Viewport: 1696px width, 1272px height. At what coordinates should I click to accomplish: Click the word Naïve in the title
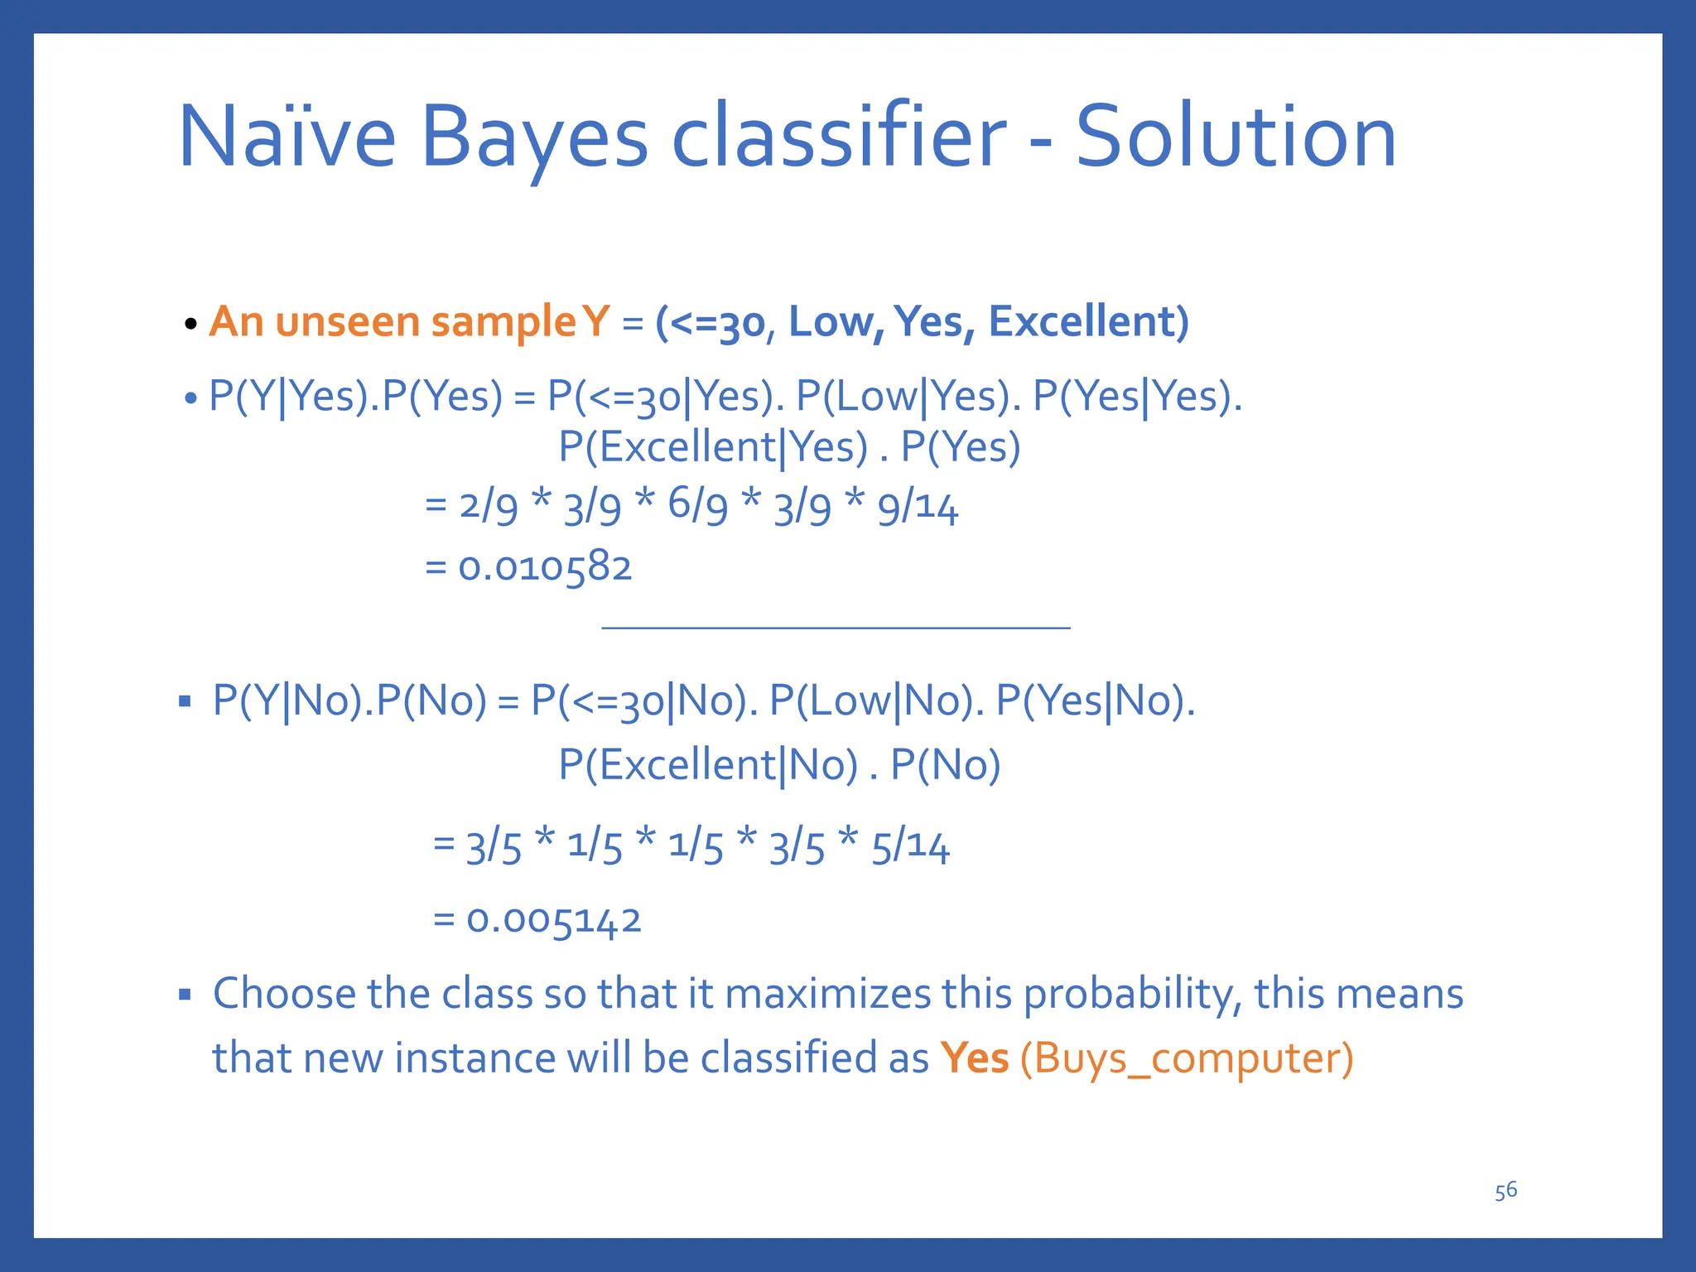[x=287, y=137]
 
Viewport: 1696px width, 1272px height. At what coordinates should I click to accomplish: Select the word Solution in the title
[x=1236, y=137]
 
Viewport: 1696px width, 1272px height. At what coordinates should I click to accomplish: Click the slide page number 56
[x=1506, y=1191]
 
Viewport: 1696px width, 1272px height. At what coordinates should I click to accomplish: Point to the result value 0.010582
[x=545, y=567]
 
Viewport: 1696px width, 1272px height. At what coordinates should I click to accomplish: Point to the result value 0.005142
[x=553, y=920]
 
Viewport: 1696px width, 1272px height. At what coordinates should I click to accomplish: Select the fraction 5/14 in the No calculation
[x=909, y=846]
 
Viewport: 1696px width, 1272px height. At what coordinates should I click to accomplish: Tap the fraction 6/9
[x=697, y=505]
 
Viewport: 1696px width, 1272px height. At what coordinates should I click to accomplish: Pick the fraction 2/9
[x=488, y=505]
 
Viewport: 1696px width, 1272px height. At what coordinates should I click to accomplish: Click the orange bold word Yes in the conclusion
[x=974, y=1058]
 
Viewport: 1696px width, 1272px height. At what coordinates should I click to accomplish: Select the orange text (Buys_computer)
[x=1187, y=1058]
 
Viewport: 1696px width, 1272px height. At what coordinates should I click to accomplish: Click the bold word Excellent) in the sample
[x=1088, y=321]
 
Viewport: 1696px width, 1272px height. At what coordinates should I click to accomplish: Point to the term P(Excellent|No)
[x=708, y=764]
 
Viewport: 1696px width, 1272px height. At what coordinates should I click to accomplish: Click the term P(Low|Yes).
[x=908, y=396]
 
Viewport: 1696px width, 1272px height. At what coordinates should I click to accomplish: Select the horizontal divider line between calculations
[x=836, y=628]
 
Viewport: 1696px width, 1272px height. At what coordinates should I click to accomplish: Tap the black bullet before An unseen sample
[x=190, y=324]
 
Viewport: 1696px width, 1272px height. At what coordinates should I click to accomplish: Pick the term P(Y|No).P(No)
[x=349, y=701]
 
